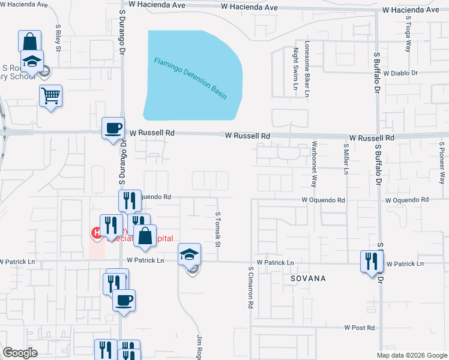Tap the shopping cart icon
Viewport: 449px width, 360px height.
(x=51, y=95)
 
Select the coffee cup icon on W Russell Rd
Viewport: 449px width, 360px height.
(x=113, y=128)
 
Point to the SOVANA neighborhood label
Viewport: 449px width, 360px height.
(x=308, y=279)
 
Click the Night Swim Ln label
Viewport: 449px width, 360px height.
(x=295, y=70)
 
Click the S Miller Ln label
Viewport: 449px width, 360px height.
(x=346, y=158)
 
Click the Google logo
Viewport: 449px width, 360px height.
(x=20, y=353)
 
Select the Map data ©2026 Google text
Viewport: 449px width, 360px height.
(x=411, y=355)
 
